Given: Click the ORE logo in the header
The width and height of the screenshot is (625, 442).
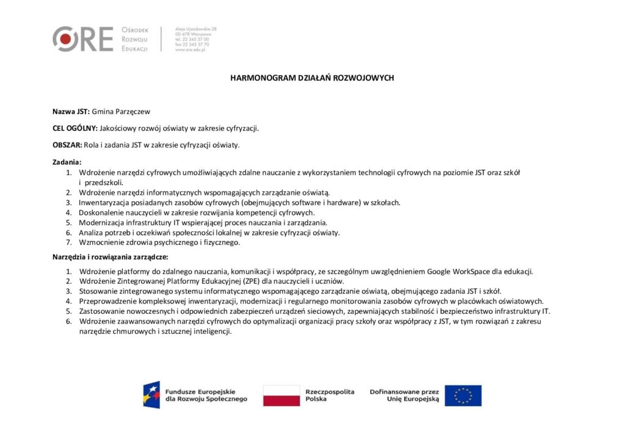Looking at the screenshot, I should (x=83, y=39).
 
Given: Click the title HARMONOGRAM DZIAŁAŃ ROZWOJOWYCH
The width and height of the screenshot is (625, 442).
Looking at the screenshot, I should (x=312, y=78).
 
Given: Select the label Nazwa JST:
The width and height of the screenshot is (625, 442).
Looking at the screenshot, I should (x=71, y=112).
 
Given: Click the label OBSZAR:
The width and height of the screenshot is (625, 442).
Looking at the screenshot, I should (x=67, y=145).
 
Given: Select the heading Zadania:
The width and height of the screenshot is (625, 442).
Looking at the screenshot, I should (x=67, y=162).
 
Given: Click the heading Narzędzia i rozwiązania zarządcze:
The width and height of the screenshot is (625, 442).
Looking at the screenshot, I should (x=110, y=257).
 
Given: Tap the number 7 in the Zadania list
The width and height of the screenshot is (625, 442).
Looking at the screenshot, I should (x=69, y=242).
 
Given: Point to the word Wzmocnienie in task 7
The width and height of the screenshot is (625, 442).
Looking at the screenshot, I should (x=101, y=242).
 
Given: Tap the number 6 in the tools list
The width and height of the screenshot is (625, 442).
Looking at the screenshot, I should (x=69, y=321).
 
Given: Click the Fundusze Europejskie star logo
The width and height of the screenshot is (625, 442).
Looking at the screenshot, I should (x=152, y=395).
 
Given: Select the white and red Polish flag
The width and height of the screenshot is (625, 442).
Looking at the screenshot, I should (x=281, y=395).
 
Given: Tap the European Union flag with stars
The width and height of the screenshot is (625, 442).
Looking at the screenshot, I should (x=463, y=395).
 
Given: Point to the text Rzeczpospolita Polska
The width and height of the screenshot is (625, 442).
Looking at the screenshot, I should (x=330, y=395).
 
